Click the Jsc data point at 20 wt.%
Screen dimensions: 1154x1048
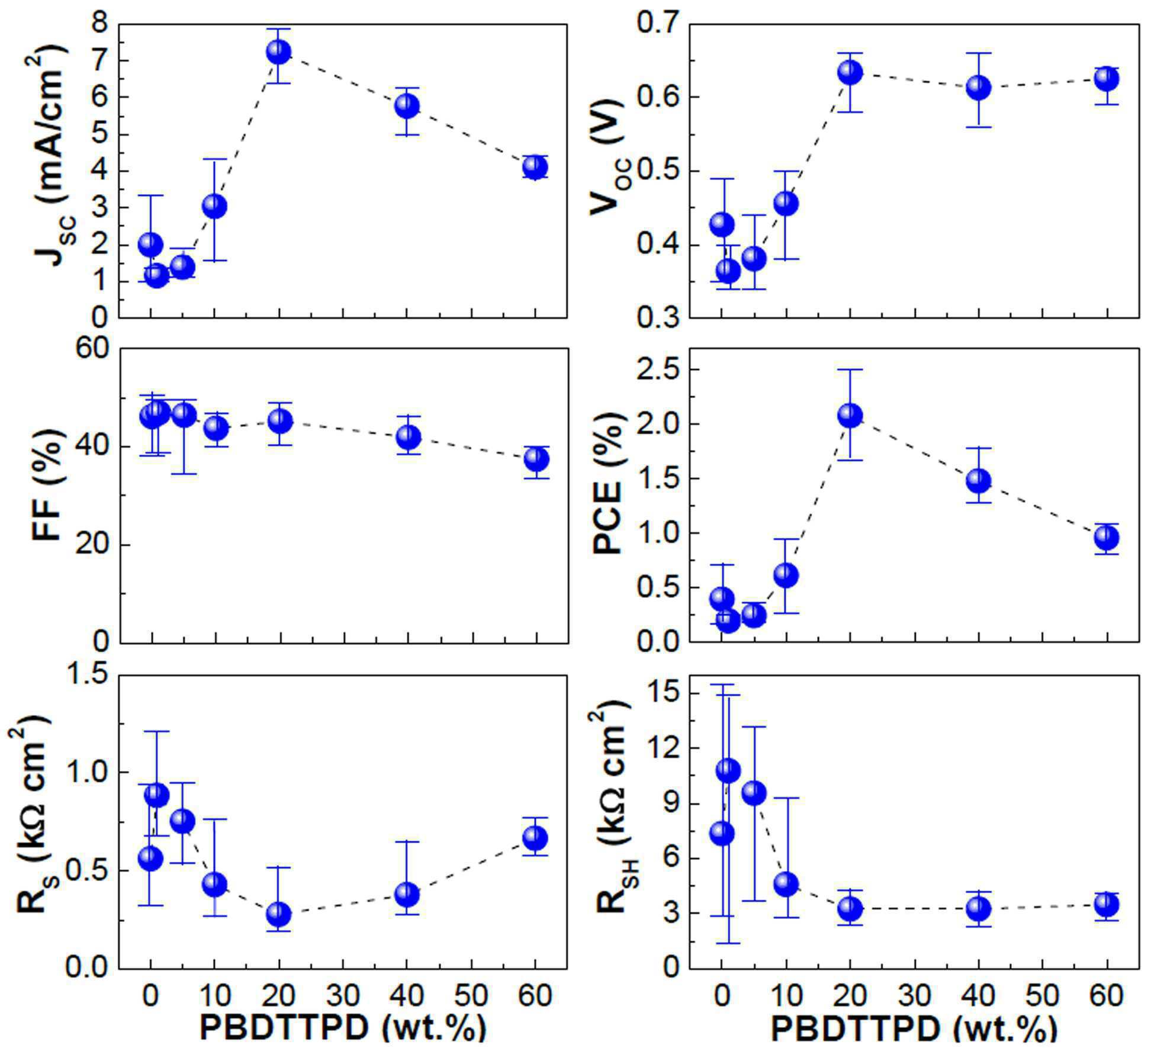click(278, 52)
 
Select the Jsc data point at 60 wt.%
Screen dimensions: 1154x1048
click(535, 167)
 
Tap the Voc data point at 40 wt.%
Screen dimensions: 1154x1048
click(978, 88)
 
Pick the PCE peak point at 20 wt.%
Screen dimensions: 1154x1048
click(850, 415)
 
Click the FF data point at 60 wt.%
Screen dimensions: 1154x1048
click(536, 459)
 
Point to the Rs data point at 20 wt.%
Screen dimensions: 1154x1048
click(278, 914)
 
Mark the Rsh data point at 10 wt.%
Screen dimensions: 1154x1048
click(786, 884)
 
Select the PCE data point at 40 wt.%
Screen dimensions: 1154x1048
click(978, 481)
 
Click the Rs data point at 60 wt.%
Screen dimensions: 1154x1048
click(535, 838)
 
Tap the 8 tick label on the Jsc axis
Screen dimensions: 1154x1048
click(102, 25)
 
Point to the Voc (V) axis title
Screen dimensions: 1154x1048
click(609, 169)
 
